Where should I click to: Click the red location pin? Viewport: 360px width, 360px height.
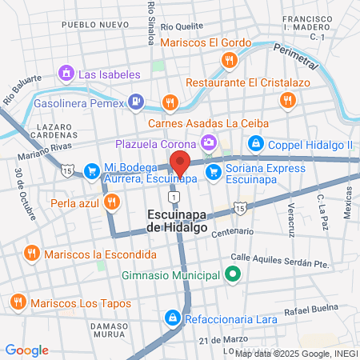(x=180, y=163)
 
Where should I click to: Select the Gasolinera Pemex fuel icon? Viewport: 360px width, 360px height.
(x=137, y=102)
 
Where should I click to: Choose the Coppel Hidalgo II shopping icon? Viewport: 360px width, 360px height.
(x=255, y=144)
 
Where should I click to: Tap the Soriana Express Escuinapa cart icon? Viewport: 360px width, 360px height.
(x=213, y=172)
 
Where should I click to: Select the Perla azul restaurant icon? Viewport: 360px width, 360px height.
(x=111, y=202)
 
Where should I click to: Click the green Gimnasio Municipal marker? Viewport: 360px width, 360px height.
(x=232, y=275)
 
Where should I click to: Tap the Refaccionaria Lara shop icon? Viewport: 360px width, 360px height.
(x=173, y=318)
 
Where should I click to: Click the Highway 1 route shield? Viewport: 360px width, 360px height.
(x=173, y=196)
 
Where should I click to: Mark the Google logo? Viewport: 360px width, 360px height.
(x=27, y=350)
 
